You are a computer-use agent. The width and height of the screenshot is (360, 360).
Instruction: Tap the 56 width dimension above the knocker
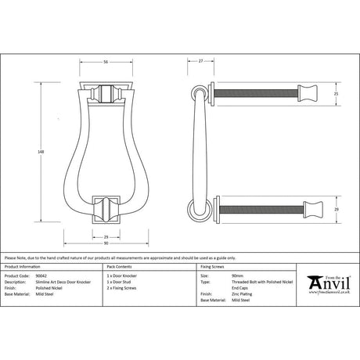pyautogui.click(x=104, y=62)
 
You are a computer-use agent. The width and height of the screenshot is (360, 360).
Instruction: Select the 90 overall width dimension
pyautogui.click(x=104, y=243)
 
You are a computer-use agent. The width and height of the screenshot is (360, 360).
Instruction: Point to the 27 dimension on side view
pyautogui.click(x=201, y=62)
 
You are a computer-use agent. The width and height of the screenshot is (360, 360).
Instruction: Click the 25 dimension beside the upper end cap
pyautogui.click(x=336, y=95)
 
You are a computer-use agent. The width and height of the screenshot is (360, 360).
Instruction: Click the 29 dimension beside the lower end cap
pyautogui.click(x=336, y=211)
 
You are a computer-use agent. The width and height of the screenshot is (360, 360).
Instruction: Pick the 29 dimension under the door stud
pyautogui.click(x=104, y=234)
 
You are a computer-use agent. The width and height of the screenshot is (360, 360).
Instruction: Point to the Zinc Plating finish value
pyautogui.click(x=220, y=294)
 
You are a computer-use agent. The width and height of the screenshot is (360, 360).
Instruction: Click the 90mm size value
pyautogui.click(x=216, y=277)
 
